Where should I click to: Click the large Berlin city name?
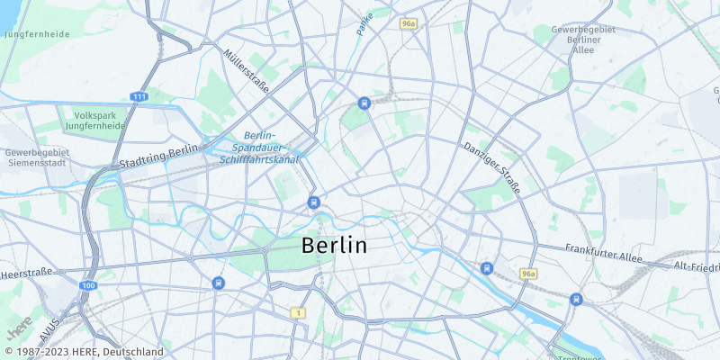334,245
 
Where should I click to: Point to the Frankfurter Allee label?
603,253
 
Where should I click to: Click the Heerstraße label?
27,272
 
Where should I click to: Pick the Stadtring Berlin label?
158,157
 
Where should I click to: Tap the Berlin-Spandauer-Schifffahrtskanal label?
259,147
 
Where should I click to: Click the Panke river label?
364,22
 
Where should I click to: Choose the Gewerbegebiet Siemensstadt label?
37,158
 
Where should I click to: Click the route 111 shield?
139,96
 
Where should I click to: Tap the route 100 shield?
87,285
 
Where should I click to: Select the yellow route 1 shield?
298,312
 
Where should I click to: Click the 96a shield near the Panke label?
409,23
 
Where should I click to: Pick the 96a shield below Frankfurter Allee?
528,273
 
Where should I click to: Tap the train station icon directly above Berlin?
313,202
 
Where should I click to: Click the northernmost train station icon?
364,103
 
